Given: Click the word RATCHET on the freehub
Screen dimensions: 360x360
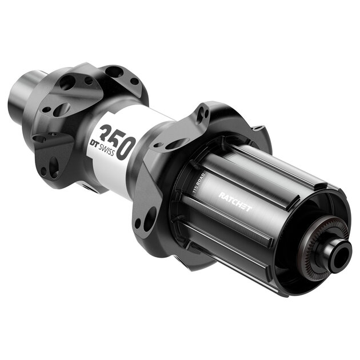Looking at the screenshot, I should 234,201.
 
